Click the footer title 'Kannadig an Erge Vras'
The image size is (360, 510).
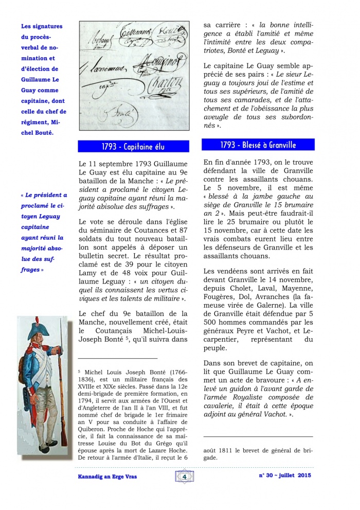(103, 477)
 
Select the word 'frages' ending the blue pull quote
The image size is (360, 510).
(29, 269)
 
